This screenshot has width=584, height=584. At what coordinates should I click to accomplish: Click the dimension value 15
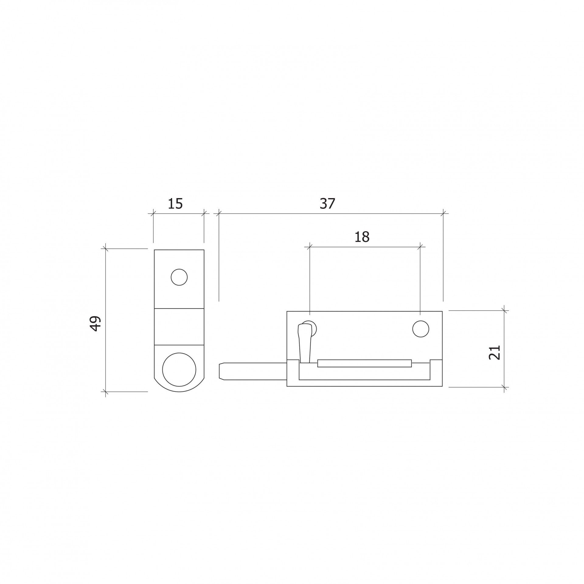[x=175, y=204]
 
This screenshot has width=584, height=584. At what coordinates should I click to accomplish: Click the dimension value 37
[x=327, y=204]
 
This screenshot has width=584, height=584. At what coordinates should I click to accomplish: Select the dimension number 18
[x=362, y=237]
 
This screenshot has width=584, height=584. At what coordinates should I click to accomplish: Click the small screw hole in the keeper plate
[x=179, y=277]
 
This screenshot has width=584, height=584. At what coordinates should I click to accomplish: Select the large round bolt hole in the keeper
[x=179, y=369]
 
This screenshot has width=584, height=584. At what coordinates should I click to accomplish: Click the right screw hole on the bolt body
[x=421, y=329]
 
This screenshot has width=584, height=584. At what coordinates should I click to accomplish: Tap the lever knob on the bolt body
[x=305, y=342]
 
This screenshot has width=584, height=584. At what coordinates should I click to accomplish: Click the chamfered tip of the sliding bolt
[x=222, y=371]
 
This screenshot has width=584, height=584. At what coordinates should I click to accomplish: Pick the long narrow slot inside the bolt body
[x=364, y=363]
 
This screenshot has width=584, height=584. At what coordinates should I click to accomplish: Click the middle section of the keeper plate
[x=179, y=327]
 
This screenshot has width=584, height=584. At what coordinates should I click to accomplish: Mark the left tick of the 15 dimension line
[x=153, y=214]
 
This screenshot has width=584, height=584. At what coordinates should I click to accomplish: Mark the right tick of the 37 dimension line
[x=443, y=214]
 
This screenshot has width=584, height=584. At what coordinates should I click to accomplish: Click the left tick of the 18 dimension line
[x=309, y=247]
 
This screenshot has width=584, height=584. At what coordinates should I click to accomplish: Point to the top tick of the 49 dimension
[x=106, y=249]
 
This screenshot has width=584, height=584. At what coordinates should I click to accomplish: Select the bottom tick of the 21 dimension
[x=504, y=387]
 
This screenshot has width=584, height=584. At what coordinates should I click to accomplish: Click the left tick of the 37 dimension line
[x=219, y=214]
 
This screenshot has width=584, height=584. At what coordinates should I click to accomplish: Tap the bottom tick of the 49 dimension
[x=106, y=392]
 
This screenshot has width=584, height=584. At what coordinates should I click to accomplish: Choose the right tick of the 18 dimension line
[x=420, y=247]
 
